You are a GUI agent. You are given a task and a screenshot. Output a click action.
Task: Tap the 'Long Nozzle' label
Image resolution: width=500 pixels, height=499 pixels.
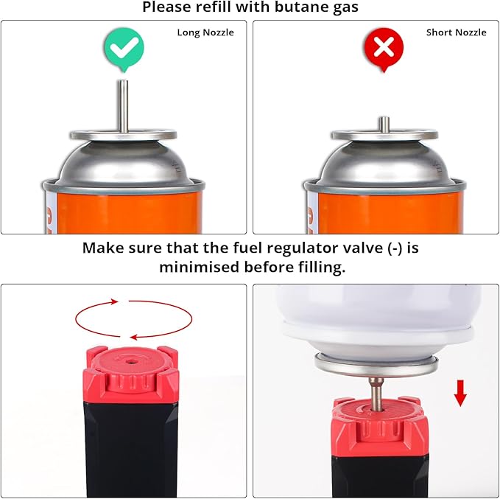205,32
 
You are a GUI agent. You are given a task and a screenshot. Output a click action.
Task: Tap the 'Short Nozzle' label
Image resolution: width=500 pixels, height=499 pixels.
457,32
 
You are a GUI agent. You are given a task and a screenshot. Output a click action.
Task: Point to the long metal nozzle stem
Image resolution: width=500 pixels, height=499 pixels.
124,106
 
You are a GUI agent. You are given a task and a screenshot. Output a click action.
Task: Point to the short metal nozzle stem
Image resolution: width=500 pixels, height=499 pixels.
384,125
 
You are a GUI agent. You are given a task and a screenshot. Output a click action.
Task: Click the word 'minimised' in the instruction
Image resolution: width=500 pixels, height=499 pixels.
200,267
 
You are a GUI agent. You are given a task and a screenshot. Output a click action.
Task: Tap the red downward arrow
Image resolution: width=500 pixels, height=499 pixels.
460,393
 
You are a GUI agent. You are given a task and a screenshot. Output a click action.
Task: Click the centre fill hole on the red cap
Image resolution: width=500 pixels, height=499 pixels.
130,362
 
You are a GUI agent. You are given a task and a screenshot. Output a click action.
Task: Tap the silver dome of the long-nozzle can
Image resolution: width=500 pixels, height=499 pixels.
124,164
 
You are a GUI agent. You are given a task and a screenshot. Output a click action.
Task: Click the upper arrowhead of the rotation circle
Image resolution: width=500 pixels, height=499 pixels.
115,301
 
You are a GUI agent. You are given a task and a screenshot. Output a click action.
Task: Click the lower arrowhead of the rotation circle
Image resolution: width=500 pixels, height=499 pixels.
134,337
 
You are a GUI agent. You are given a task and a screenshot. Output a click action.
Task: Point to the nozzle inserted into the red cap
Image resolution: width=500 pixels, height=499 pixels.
376,394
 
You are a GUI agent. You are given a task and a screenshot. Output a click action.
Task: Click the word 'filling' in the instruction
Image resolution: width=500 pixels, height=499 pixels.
322,267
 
